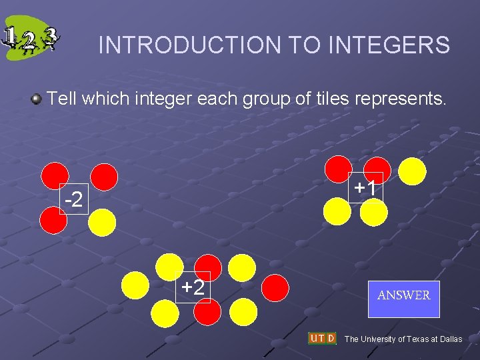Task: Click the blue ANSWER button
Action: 403,295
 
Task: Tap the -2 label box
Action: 73,199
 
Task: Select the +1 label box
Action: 365,189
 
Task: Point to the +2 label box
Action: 193,287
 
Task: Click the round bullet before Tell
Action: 37,100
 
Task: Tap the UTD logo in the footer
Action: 322,338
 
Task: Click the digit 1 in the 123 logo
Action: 11,35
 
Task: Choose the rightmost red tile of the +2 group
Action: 275,289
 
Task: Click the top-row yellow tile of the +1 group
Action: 413,171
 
